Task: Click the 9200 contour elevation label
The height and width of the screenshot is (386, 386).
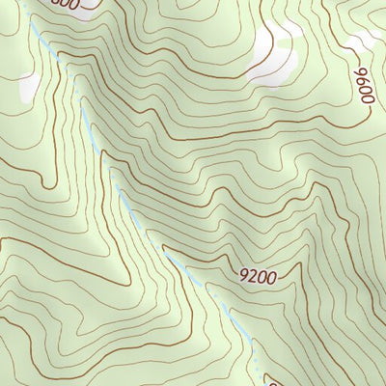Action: pos(258,278)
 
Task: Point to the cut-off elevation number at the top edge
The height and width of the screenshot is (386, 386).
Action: pos(63,4)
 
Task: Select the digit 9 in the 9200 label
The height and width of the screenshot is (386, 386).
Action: pos(243,277)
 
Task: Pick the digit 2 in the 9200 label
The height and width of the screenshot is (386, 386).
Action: pos(253,278)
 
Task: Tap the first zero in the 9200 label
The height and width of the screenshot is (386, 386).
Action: pos(262,278)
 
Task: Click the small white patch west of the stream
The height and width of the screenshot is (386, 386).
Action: pos(30,88)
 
